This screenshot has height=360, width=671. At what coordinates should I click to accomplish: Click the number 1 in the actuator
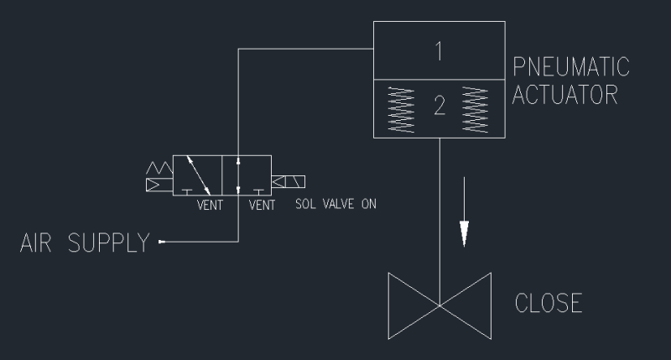pos(438,52)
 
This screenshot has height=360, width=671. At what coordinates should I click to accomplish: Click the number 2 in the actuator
pos(438,107)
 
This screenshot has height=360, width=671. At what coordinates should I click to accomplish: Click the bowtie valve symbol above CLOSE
pos(439,305)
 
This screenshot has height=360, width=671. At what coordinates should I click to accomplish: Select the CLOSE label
pos(549,303)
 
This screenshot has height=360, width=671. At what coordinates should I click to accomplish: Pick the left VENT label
pos(210,203)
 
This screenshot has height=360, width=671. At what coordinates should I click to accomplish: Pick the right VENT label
pos(263,203)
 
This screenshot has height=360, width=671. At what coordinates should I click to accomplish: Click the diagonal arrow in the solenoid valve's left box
pos(198,174)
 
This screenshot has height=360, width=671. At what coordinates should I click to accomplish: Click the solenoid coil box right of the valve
pos(289,181)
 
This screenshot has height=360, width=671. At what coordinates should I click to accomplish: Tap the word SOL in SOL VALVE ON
pos(306,203)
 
